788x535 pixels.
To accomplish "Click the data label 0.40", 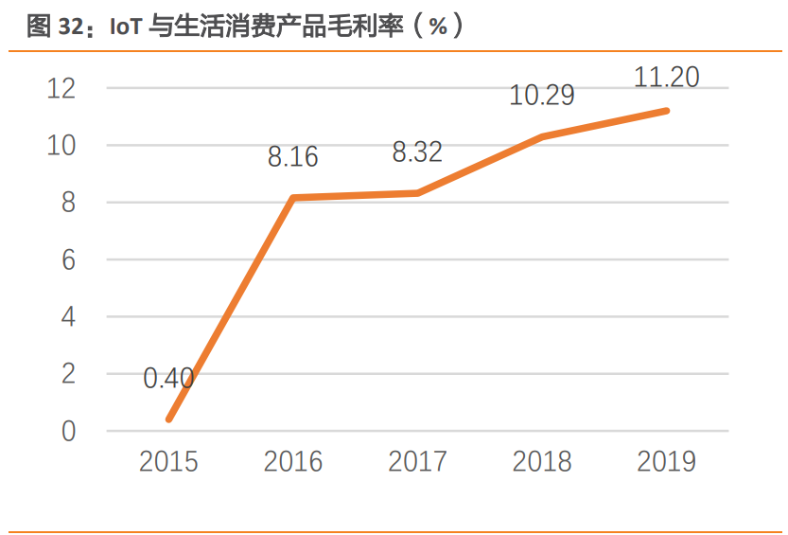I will pyautogui.click(x=168, y=379).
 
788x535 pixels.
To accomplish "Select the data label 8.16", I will pyautogui.click(x=292, y=157).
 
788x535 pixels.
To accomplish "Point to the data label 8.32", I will pyautogui.click(x=417, y=152).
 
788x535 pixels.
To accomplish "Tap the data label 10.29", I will pyautogui.click(x=542, y=96).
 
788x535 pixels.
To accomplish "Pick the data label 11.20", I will pyautogui.click(x=666, y=78).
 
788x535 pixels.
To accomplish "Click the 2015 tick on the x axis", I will pyautogui.click(x=168, y=462).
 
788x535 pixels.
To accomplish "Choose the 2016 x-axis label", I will pyautogui.click(x=292, y=462).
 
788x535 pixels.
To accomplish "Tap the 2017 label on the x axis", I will pyautogui.click(x=417, y=462).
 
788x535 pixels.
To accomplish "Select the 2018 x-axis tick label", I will pyautogui.click(x=542, y=462).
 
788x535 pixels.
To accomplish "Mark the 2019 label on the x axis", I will pyautogui.click(x=666, y=462).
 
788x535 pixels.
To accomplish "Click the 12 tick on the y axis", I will pyautogui.click(x=61, y=89).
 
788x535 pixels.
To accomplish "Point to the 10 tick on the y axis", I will pyautogui.click(x=61, y=146).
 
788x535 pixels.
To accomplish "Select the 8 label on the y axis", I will pyautogui.click(x=68, y=203).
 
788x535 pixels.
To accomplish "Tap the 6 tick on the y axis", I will pyautogui.click(x=68, y=259).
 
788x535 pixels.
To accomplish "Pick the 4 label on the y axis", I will pyautogui.click(x=68, y=317).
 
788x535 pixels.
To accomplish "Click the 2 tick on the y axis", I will pyautogui.click(x=68, y=374).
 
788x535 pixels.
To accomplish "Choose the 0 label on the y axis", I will pyautogui.click(x=68, y=431).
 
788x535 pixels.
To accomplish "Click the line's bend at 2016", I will pyautogui.click(x=293, y=198).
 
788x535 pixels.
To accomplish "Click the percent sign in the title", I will pyautogui.click(x=437, y=27).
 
